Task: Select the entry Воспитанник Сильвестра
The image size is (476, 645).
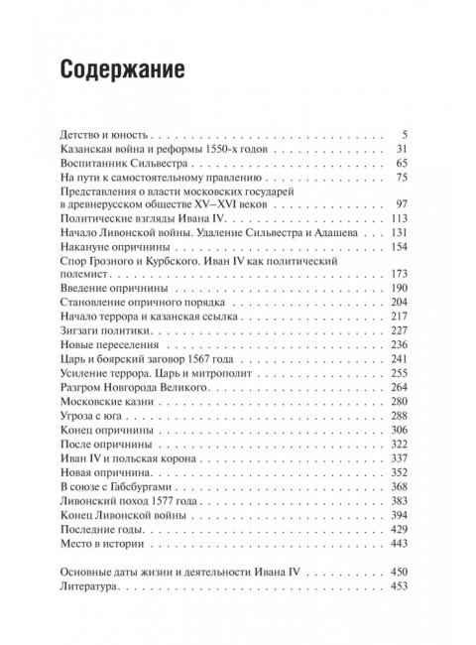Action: (x=118, y=162)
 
